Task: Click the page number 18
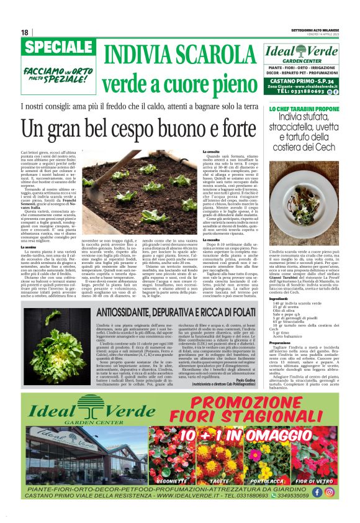click(25, 32)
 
